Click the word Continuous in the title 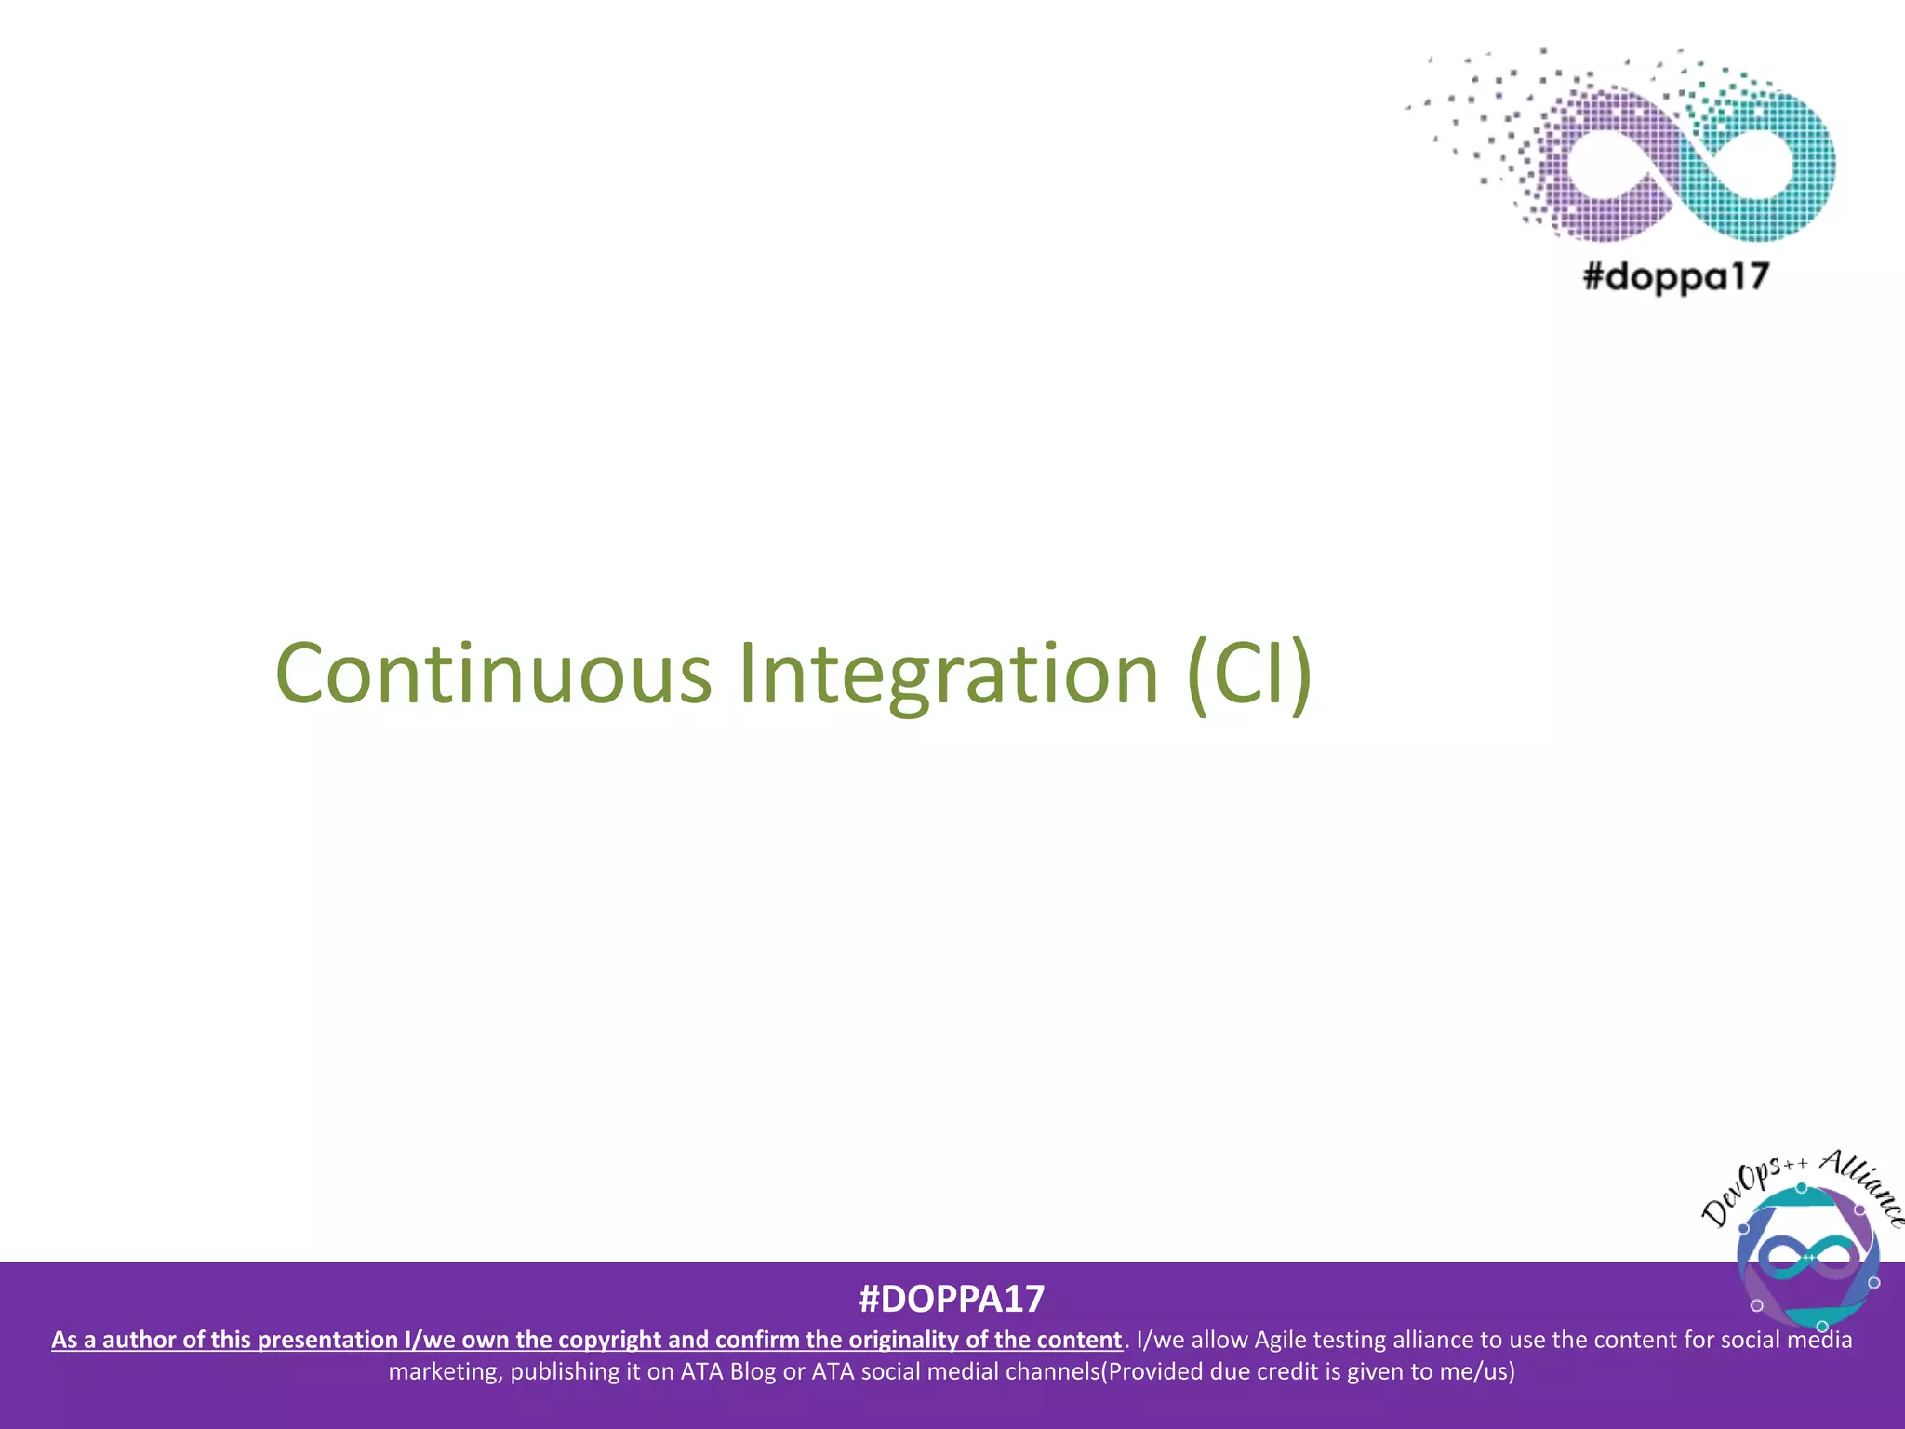[x=493, y=674]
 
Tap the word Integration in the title [x=949, y=674]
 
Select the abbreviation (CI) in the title [x=1249, y=674]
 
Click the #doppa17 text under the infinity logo [x=1675, y=277]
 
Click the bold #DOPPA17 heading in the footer [x=952, y=1299]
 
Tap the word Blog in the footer [x=753, y=1371]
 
